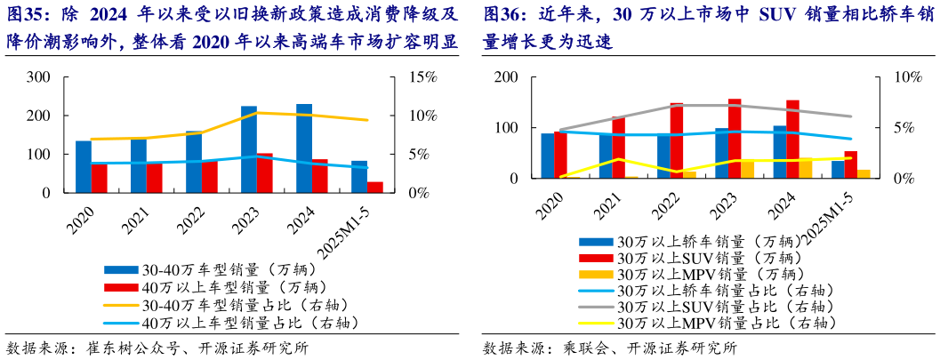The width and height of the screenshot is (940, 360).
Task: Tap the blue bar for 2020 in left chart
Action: click(84, 166)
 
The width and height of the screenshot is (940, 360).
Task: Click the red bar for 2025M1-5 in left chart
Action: click(374, 187)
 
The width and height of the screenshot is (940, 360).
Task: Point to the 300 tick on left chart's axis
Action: click(38, 77)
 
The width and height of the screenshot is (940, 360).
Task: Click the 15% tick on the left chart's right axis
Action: click(423, 77)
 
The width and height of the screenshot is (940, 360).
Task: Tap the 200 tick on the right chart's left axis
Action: click(505, 77)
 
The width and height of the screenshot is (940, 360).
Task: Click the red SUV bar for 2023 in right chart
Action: click(735, 139)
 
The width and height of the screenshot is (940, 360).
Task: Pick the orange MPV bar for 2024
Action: click(805, 169)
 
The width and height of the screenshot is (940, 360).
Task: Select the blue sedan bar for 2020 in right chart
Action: click(548, 156)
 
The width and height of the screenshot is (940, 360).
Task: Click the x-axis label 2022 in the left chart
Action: click(189, 216)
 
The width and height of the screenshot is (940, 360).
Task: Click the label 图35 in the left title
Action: click(24, 15)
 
